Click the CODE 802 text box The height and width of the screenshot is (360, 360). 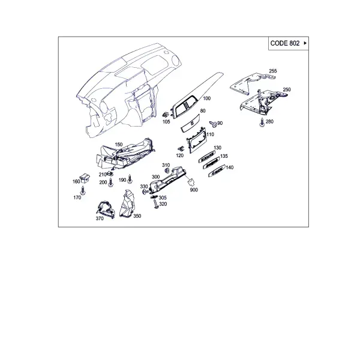(x=289, y=43)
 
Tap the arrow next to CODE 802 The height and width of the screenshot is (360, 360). (x=305, y=43)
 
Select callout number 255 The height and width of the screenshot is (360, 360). (x=273, y=71)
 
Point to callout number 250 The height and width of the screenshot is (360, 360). (x=287, y=89)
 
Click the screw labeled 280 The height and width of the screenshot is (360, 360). (x=262, y=122)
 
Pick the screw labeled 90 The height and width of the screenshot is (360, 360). (x=213, y=124)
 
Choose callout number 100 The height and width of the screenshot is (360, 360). (x=206, y=98)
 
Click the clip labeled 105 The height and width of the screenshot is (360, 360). (x=166, y=114)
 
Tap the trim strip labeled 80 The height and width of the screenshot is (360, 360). (x=190, y=123)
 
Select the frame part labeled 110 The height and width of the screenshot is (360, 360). (x=196, y=140)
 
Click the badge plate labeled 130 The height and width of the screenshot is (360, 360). (x=206, y=157)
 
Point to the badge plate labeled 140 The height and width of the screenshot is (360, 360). (x=217, y=172)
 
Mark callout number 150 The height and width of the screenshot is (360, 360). (x=119, y=145)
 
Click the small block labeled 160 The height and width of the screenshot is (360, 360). (x=84, y=178)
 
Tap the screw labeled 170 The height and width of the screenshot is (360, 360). (x=83, y=190)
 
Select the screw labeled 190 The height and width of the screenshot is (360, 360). (x=130, y=179)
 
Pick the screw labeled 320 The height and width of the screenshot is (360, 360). (x=156, y=204)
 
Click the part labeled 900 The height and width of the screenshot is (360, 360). (x=191, y=182)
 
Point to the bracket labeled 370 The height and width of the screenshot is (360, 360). (x=106, y=209)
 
